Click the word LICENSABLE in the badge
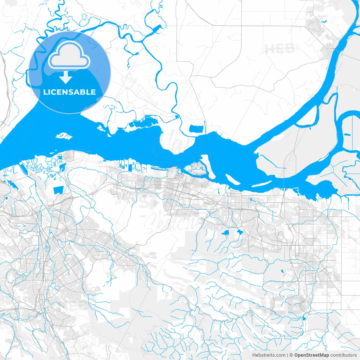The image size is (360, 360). (69, 92)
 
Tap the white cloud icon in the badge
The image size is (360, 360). (69, 55)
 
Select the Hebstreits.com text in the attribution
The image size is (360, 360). (269, 355)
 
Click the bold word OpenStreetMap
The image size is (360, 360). (312, 355)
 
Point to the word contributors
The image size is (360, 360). (343, 355)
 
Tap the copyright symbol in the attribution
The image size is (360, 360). (291, 355)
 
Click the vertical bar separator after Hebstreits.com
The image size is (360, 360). (287, 355)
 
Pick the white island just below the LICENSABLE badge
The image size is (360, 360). (64, 137)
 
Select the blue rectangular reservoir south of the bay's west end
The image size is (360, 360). (58, 190)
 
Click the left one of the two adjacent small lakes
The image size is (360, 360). (225, 233)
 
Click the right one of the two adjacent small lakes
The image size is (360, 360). (240, 232)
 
